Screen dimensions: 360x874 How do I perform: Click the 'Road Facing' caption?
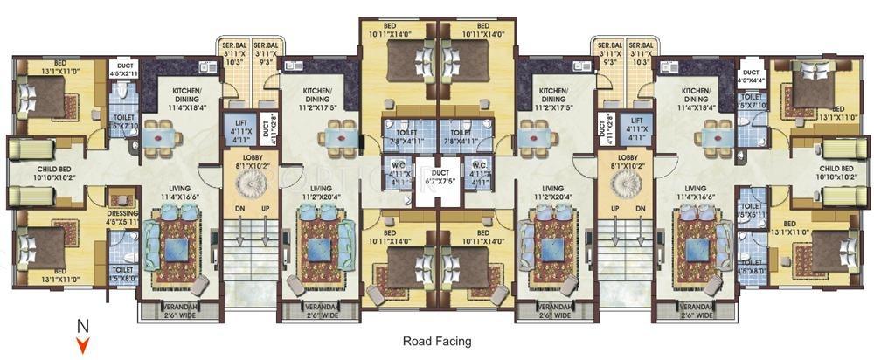pyautogui.click(x=436, y=341)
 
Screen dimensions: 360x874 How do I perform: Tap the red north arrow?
pyautogui.click(x=83, y=345)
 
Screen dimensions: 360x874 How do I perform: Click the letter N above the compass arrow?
pyautogui.click(x=83, y=327)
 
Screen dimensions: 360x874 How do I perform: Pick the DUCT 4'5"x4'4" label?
pyautogui.click(x=750, y=76)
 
